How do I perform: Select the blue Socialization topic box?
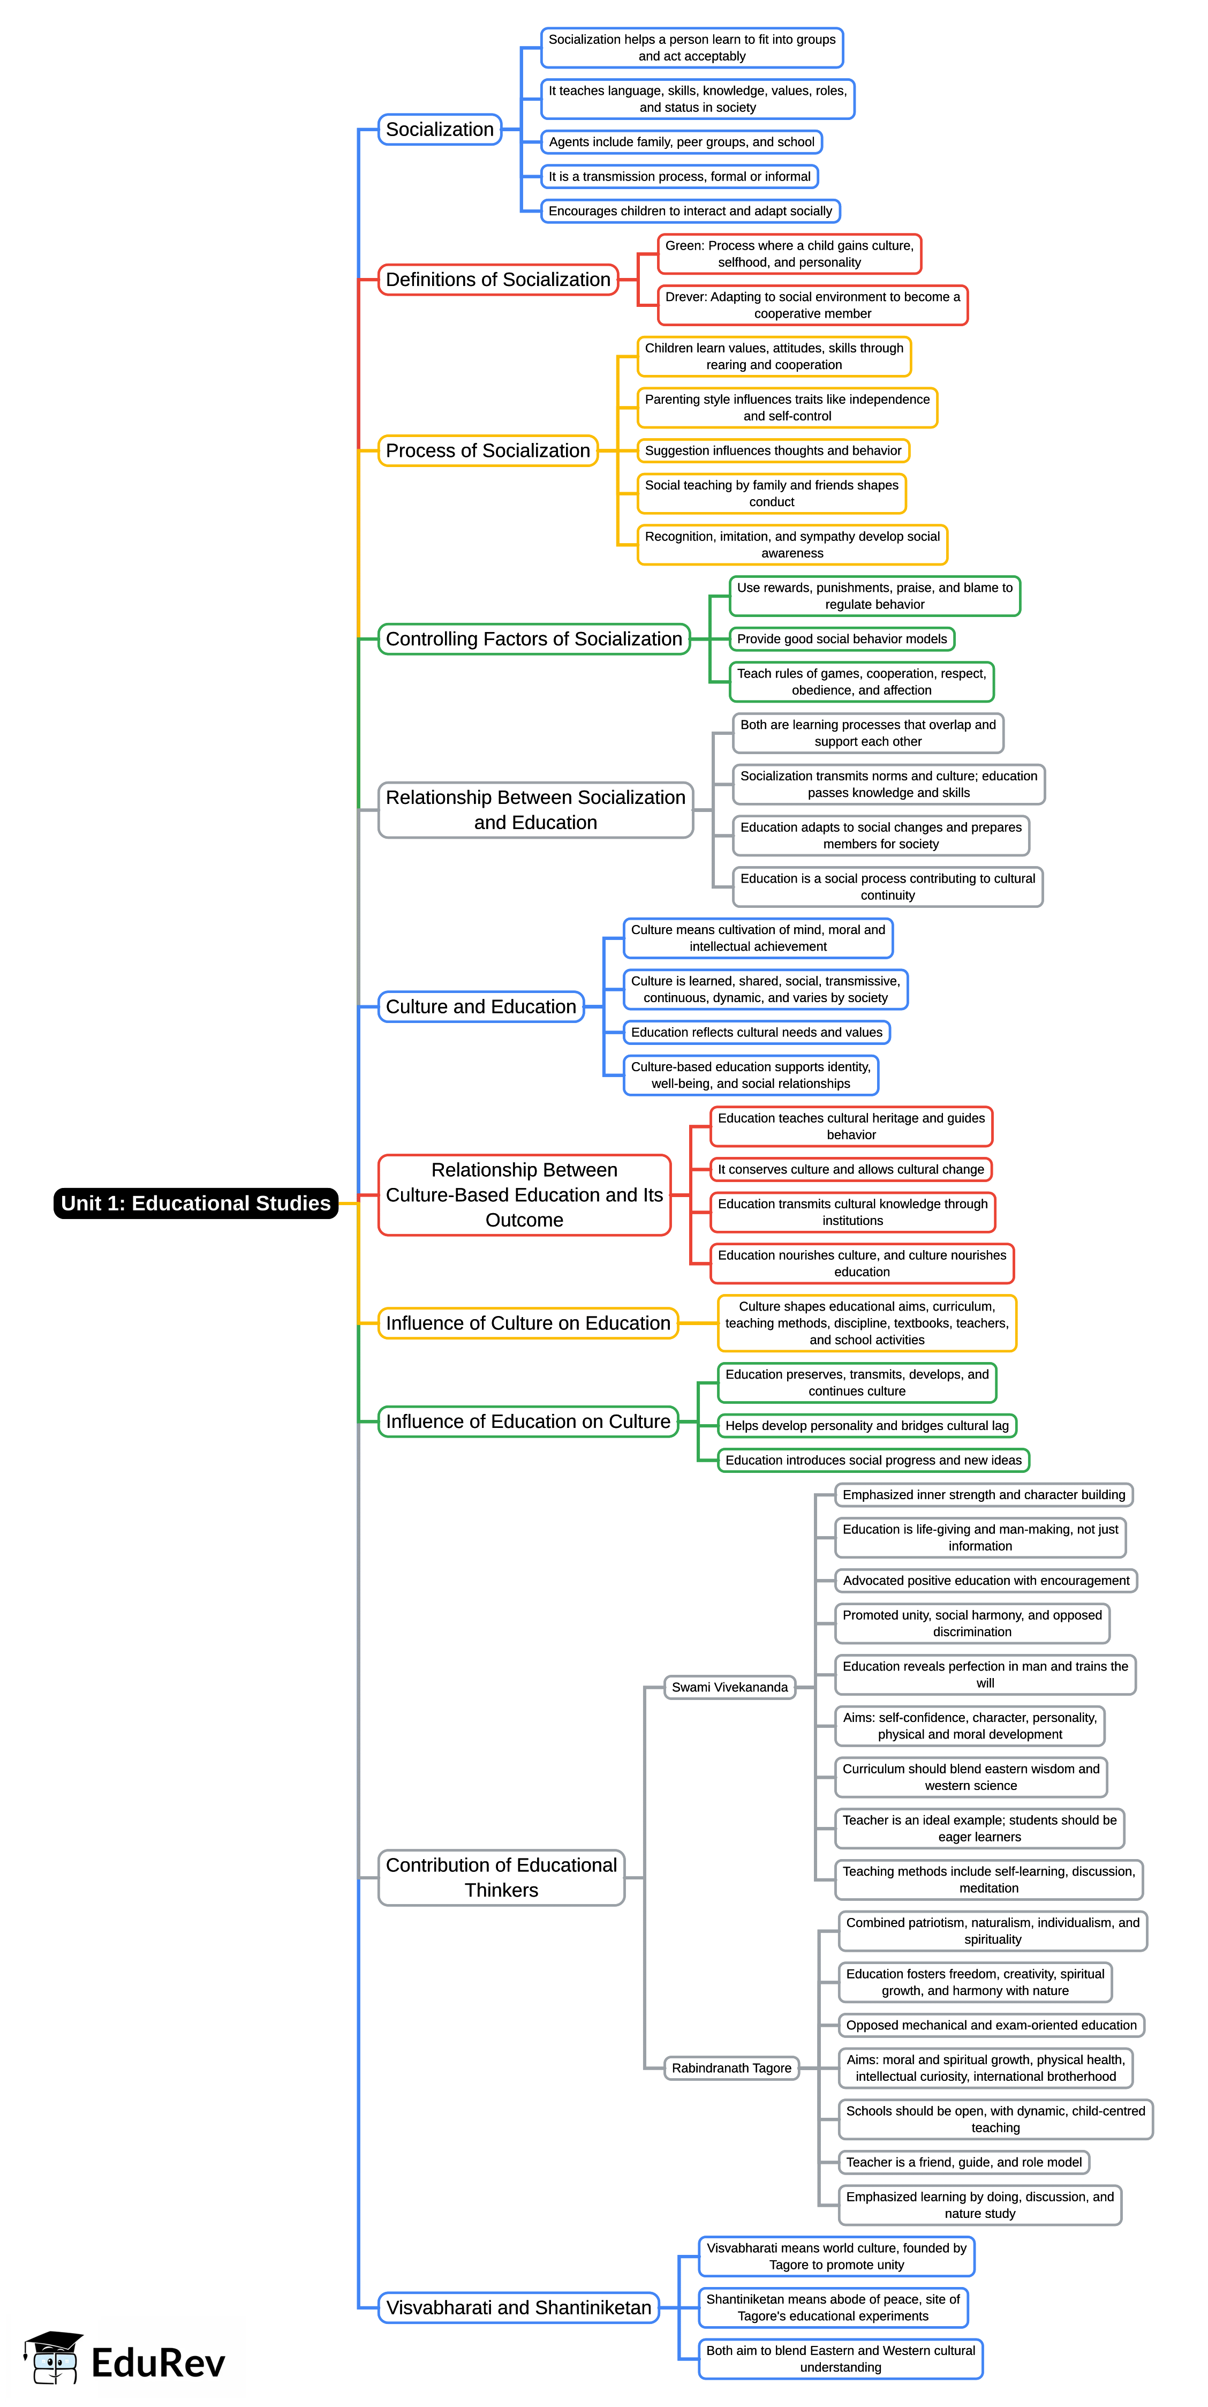point(439,129)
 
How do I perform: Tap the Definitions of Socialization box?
point(498,280)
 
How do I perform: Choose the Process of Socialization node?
point(488,450)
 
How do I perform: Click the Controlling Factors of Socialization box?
point(533,639)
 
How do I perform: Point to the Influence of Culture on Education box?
point(528,1323)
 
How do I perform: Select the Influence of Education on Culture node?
point(528,1421)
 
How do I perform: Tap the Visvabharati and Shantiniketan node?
point(518,2307)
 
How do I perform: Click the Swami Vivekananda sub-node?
point(730,1687)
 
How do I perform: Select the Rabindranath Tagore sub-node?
point(731,2068)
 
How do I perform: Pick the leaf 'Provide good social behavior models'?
point(842,639)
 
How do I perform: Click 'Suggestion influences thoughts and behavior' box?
point(773,450)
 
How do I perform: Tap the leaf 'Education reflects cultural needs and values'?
point(756,1033)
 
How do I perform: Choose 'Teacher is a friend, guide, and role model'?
point(963,2162)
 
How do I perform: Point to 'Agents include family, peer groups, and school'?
point(681,142)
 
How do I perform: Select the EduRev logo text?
point(158,2363)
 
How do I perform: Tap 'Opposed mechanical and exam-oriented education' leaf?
point(991,2025)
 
